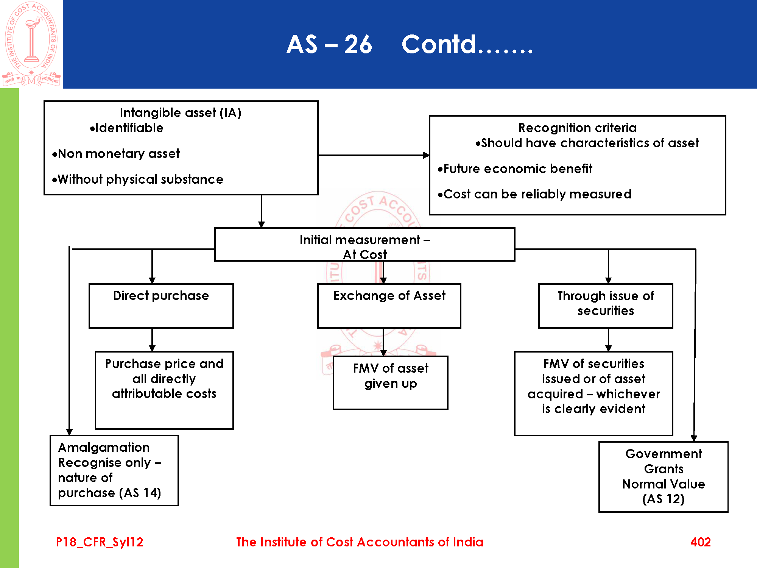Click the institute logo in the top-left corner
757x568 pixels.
tap(31, 44)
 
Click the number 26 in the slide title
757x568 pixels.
tap(358, 45)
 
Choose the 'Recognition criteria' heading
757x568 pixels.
tap(577, 128)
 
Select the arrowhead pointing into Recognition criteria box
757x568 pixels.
tap(426, 155)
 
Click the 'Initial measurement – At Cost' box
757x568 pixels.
tap(364, 245)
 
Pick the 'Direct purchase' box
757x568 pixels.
tap(161, 306)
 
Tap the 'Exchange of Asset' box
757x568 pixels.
tap(389, 306)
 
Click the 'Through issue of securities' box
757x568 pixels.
tap(606, 306)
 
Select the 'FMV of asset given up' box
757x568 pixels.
tap(390, 382)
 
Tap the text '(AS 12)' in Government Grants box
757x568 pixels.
tap(663, 499)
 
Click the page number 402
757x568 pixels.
tap(700, 542)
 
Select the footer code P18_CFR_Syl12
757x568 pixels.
tap(100, 542)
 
